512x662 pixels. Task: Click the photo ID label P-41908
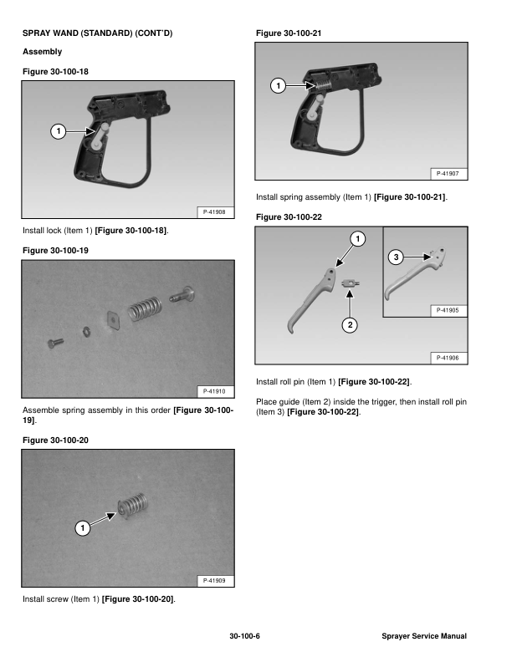[214, 212]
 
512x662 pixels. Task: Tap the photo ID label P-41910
[214, 391]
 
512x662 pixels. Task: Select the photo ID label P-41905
[448, 310]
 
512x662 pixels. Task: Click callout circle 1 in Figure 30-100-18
[59, 131]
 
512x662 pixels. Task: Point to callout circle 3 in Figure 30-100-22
[396, 257]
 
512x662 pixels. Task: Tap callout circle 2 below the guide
[350, 325]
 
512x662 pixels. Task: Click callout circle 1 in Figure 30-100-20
[82, 527]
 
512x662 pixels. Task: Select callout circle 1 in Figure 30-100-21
[278, 86]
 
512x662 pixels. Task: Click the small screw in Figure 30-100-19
[55, 342]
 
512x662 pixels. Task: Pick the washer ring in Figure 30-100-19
[86, 332]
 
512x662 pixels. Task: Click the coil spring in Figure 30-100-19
[145, 308]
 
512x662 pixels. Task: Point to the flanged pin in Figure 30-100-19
[182, 294]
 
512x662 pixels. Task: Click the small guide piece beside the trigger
[351, 283]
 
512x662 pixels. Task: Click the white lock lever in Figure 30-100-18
[100, 136]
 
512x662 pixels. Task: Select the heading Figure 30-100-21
[289, 33]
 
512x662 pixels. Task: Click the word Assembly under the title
[42, 52]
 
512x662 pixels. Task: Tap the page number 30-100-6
[244, 636]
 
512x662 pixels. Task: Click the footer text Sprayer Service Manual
[424, 636]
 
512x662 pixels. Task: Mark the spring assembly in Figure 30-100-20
[133, 505]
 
